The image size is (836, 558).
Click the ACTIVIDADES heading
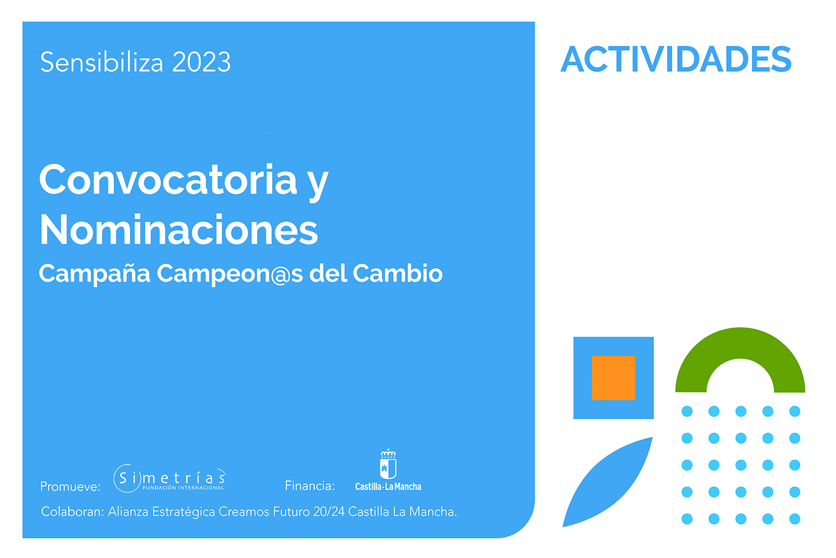click(676, 59)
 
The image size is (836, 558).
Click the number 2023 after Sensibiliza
click(201, 62)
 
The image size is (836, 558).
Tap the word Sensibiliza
click(101, 62)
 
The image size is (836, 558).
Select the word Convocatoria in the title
click(168, 180)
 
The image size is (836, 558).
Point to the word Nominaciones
click(179, 229)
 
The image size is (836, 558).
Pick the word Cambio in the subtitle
click(398, 273)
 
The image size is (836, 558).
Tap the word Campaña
click(94, 274)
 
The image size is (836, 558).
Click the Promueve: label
click(71, 487)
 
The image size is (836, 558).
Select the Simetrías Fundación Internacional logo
click(170, 478)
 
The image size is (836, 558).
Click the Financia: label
click(310, 486)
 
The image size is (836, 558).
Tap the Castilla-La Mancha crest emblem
click(388, 464)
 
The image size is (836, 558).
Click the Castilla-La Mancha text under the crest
click(388, 487)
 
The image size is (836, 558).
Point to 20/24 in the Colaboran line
click(329, 512)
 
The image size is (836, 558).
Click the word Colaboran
click(72, 512)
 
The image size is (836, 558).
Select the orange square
click(614, 378)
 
